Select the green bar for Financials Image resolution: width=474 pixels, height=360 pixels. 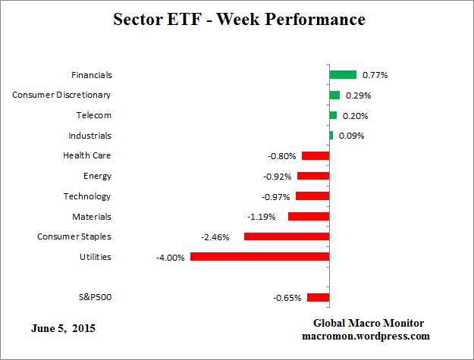click(343, 75)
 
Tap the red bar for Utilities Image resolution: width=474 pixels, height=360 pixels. click(259, 257)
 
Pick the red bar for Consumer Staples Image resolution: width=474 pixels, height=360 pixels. click(286, 236)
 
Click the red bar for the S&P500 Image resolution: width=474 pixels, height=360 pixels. click(318, 298)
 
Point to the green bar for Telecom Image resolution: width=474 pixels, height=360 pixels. click(333, 115)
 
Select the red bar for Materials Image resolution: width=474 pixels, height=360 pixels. click(309, 217)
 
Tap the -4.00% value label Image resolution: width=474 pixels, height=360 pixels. click(171, 258)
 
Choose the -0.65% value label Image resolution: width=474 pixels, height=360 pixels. click(287, 298)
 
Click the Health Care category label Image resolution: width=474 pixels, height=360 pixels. click(87, 155)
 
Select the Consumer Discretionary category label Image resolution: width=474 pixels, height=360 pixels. click(62, 95)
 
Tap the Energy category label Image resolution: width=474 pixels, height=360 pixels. click(97, 176)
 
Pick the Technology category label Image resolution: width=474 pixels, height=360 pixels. click(87, 196)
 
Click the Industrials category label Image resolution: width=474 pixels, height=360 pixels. click(89, 136)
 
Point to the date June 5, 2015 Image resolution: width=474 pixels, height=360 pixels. click(64, 329)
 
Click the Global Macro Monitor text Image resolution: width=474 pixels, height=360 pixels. click(368, 323)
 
